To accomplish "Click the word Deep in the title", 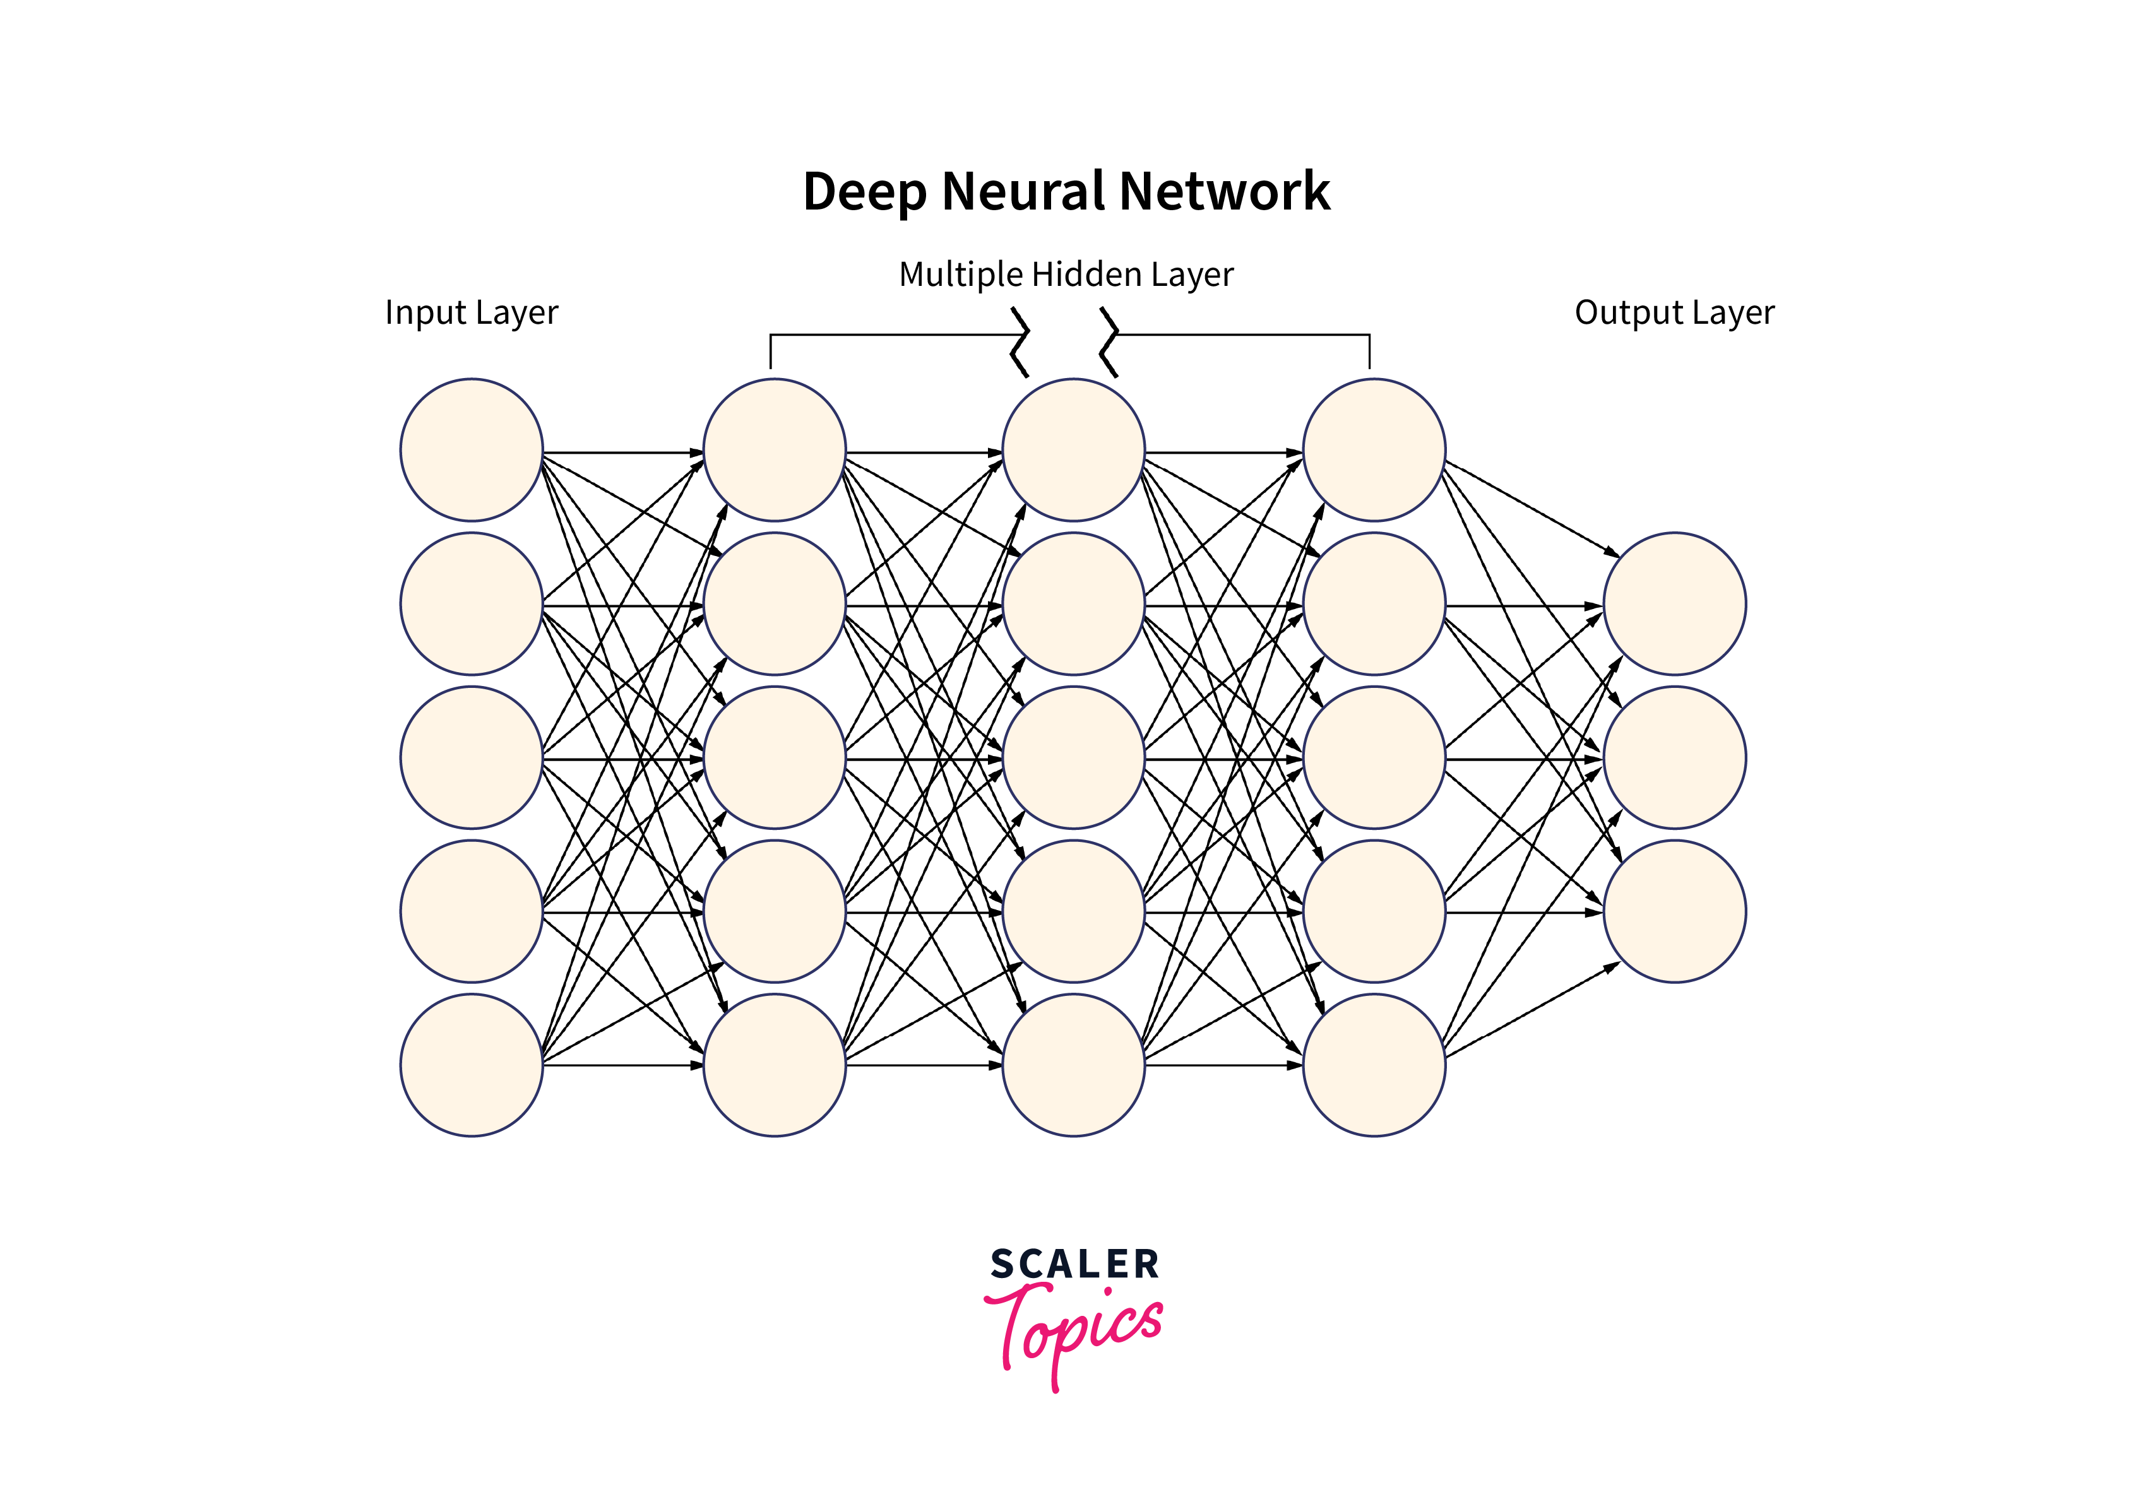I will (x=864, y=192).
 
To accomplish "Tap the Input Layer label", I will (x=472, y=312).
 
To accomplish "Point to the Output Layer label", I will (x=1674, y=312).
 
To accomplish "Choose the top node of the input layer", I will (x=472, y=450).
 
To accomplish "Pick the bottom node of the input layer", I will (x=472, y=1065).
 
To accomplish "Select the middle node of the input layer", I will (x=472, y=757).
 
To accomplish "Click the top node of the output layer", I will (x=1674, y=604).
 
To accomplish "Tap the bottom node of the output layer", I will (x=1674, y=911).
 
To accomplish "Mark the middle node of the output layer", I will (x=1674, y=757).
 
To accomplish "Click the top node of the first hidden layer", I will (x=774, y=450).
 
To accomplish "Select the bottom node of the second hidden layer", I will (x=1073, y=1065).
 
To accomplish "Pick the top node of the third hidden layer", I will (x=1374, y=450).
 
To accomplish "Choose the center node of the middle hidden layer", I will (x=1073, y=757).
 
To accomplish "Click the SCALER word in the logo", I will (x=1074, y=1264).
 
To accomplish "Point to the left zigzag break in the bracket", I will (x=1020, y=342).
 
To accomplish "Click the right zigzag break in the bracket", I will (x=1109, y=342).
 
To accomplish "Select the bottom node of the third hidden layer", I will (x=1374, y=1065).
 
